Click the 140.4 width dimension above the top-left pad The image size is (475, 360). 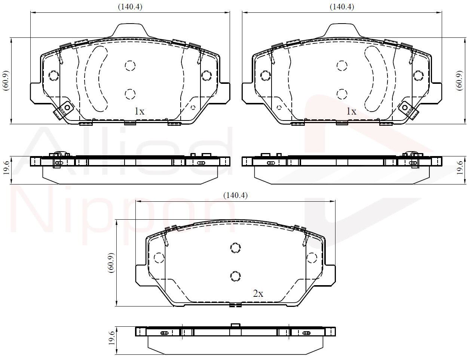(x=130, y=7)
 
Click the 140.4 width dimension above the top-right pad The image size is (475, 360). (x=342, y=7)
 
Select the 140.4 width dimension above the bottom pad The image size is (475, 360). (x=236, y=195)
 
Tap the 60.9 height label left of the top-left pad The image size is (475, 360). (x=6, y=80)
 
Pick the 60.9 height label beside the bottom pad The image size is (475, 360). (x=111, y=263)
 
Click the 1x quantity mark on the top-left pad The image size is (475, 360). (x=140, y=112)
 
